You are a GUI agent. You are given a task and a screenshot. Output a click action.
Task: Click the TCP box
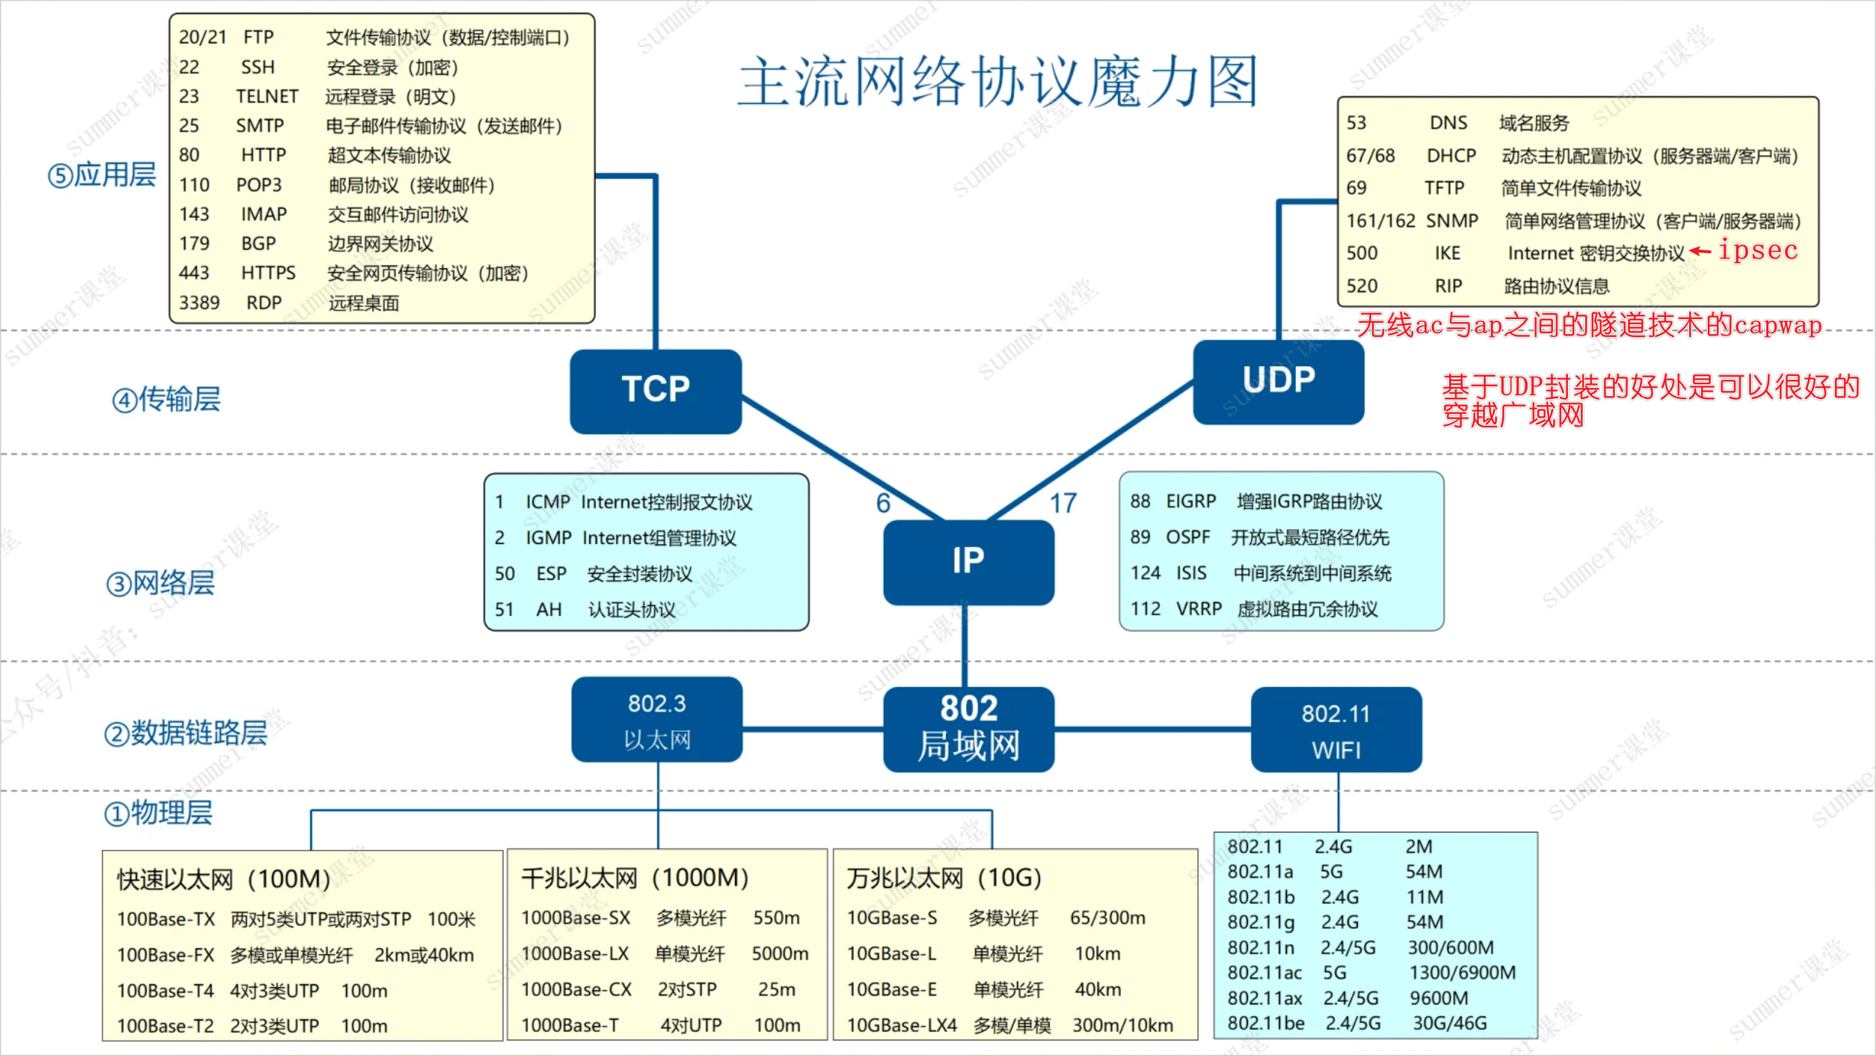(x=655, y=391)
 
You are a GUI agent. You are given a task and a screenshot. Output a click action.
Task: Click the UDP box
(x=1278, y=381)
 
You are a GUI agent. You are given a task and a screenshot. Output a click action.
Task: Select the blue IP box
(x=968, y=561)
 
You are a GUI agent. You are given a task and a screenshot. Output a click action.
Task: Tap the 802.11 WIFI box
(x=1336, y=729)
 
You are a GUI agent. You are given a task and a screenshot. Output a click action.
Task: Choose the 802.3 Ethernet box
(x=656, y=720)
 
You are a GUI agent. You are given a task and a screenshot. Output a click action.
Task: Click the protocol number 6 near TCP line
(x=883, y=503)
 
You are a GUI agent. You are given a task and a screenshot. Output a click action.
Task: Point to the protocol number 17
(x=1062, y=503)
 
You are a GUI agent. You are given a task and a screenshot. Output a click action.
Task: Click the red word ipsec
(x=1758, y=250)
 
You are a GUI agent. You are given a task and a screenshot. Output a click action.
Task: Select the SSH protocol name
(x=258, y=67)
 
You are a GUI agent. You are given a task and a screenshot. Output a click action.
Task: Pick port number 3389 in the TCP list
(x=199, y=303)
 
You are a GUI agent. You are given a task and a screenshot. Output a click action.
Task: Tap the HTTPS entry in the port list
(x=268, y=273)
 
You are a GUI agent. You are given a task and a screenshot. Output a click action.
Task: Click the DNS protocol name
(x=1448, y=123)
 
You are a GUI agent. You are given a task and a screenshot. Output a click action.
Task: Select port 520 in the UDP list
(x=1362, y=286)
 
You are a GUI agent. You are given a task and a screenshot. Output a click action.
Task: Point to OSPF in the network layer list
(x=1187, y=537)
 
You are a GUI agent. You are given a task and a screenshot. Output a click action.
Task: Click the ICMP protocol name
(x=547, y=502)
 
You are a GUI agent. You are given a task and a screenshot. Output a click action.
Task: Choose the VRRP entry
(x=1199, y=609)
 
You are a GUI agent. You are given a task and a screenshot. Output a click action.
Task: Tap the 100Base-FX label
(x=165, y=955)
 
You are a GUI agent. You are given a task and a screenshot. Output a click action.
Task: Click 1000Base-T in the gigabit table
(x=570, y=1025)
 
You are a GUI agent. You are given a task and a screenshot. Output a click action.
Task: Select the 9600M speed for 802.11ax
(x=1439, y=998)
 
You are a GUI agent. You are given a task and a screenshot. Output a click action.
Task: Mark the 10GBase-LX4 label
(x=901, y=1025)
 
